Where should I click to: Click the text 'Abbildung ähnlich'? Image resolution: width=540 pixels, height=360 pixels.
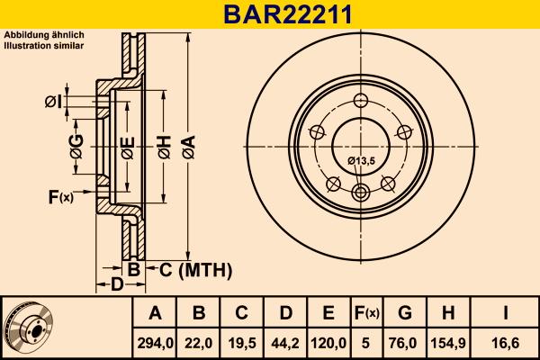(x=44, y=35)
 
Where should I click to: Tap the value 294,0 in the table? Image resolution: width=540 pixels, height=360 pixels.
(x=155, y=342)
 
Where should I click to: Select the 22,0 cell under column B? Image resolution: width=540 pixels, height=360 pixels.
(x=199, y=342)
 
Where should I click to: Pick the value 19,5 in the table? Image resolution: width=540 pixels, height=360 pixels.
(x=242, y=342)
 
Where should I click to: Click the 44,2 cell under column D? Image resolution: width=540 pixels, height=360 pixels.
(x=285, y=342)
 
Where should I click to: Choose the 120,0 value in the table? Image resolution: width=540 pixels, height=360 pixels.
(x=328, y=342)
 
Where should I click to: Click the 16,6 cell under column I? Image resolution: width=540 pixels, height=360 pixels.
(x=505, y=342)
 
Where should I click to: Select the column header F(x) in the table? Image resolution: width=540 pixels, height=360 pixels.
(x=365, y=313)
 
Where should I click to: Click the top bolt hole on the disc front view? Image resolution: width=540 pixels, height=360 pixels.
(x=362, y=101)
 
